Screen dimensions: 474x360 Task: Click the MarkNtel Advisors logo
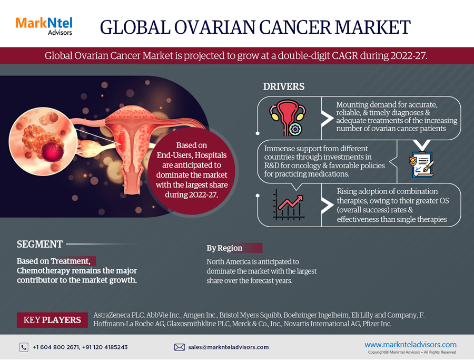point(44,26)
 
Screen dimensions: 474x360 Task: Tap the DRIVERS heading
point(283,86)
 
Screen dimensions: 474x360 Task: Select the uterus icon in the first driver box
point(287,118)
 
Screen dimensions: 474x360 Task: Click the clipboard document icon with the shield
point(421,164)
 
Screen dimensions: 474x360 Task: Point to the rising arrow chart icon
point(288,205)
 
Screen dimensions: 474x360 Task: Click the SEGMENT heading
point(39,244)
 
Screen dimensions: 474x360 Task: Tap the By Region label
point(224,248)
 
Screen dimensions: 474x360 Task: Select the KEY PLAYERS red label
point(52,320)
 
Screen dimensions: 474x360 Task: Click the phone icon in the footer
point(24,347)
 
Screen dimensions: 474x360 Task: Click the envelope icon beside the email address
point(179,347)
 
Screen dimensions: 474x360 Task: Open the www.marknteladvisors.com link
point(410,345)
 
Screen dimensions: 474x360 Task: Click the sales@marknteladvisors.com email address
point(228,347)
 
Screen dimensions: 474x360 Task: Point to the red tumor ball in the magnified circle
point(53,152)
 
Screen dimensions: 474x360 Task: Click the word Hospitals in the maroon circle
point(210,155)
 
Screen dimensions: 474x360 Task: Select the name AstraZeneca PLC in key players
point(118,315)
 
